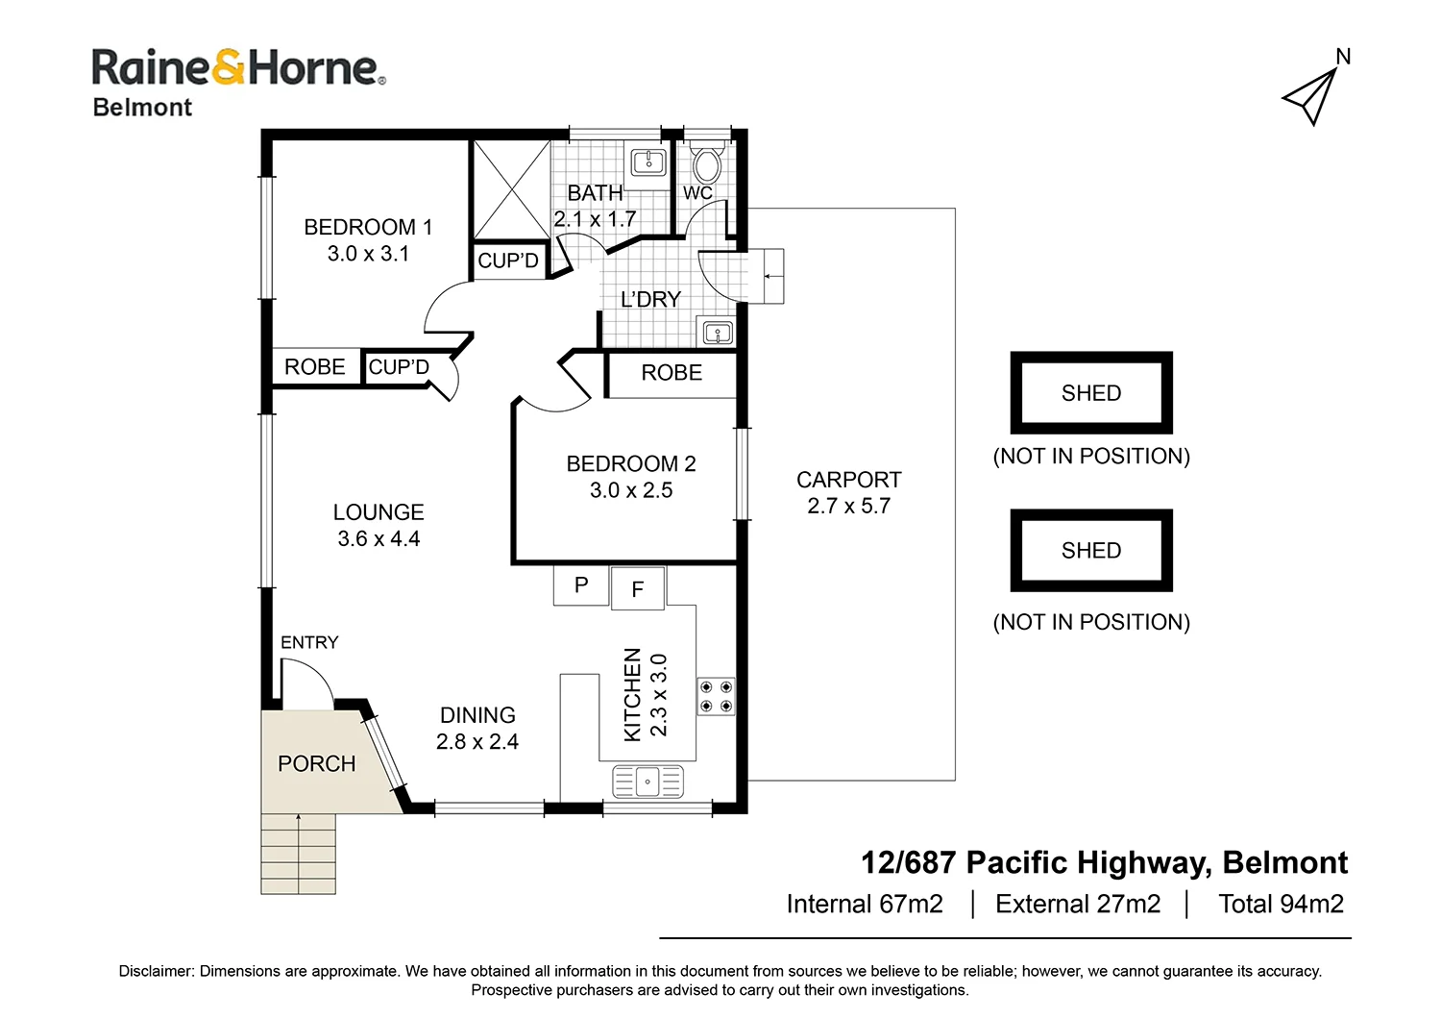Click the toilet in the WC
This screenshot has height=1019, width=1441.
[x=707, y=163]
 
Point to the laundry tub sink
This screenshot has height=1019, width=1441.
[x=718, y=334]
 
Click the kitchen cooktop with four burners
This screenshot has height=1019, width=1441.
[x=716, y=697]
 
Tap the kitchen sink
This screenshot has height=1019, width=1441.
[x=647, y=782]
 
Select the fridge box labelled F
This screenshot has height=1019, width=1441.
[x=638, y=589]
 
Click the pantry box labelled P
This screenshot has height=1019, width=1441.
[x=581, y=585]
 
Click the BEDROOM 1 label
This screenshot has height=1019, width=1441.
[x=368, y=228]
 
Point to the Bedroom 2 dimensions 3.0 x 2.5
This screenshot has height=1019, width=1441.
[x=631, y=490]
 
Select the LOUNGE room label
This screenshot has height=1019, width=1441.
[x=379, y=512]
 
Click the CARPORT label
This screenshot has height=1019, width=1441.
[x=848, y=480]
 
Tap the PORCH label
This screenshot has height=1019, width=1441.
[x=317, y=764]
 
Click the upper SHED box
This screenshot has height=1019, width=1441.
[x=1091, y=393]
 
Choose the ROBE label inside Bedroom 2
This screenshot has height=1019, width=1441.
[x=672, y=373]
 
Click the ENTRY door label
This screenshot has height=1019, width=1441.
[x=309, y=642]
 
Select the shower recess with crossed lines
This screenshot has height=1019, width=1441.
[x=511, y=190]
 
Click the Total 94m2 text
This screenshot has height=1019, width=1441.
[x=1281, y=905]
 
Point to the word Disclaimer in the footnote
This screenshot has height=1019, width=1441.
[x=156, y=971]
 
